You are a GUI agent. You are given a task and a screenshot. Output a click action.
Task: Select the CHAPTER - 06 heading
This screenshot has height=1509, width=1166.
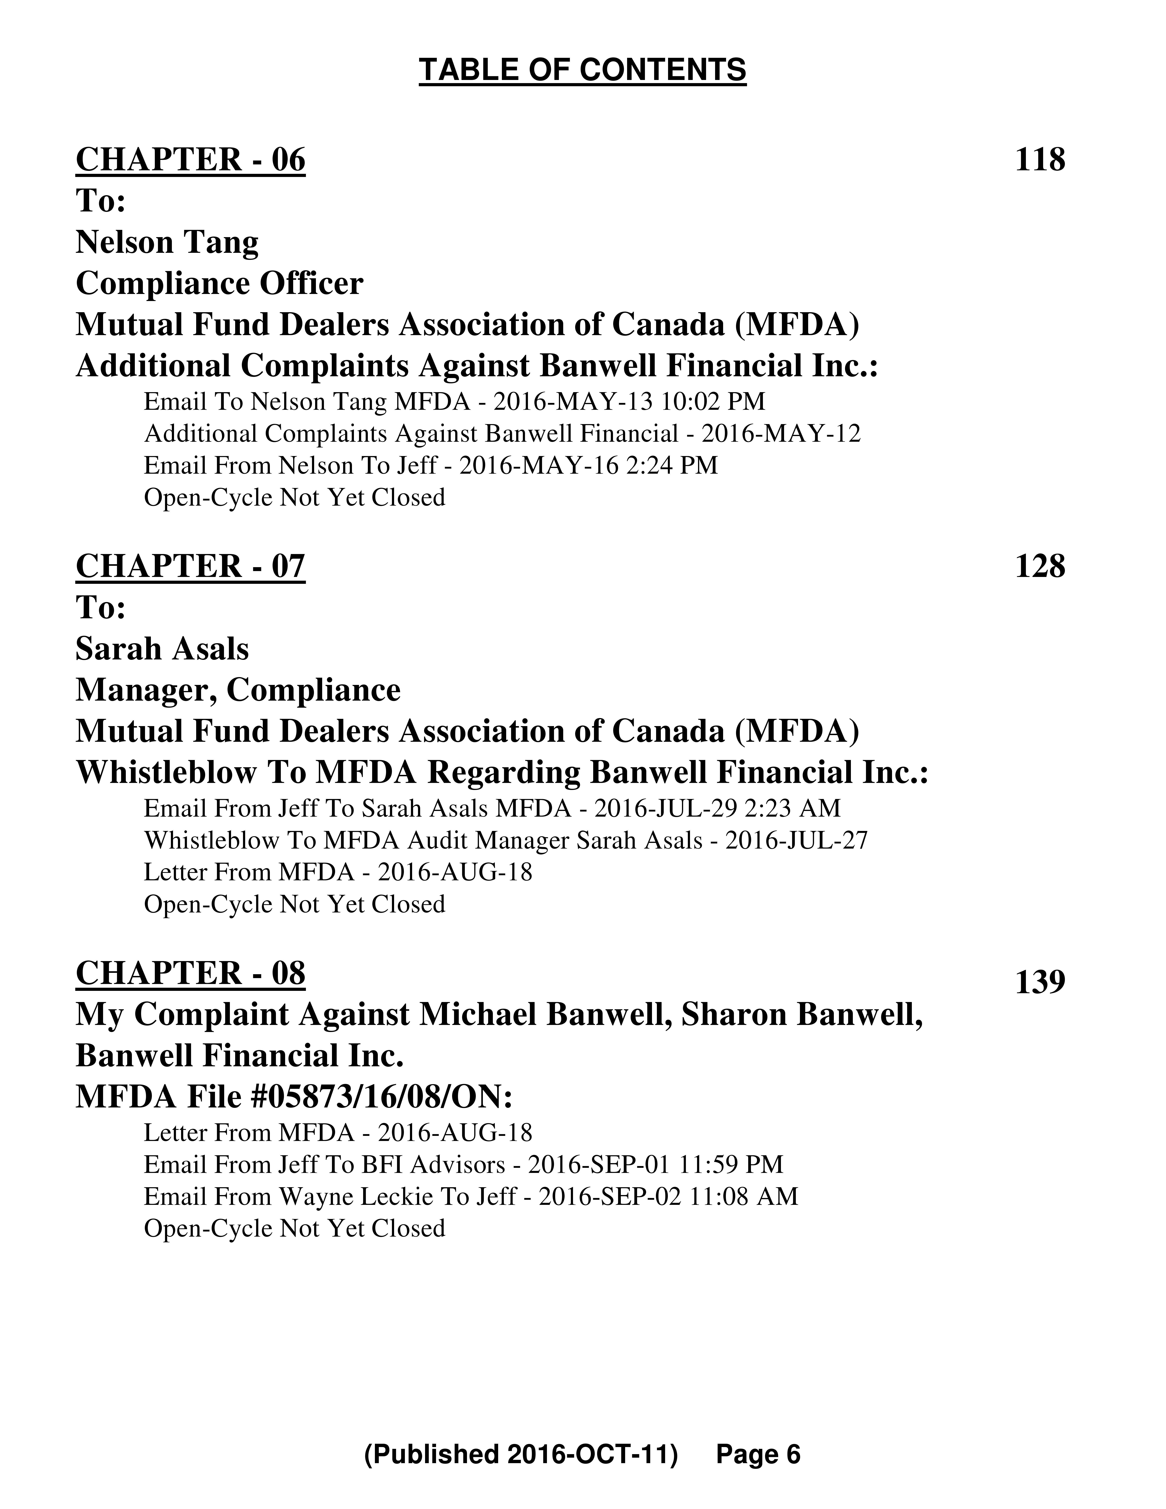point(190,160)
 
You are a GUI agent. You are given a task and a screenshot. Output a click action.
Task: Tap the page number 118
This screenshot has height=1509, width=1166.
point(1040,160)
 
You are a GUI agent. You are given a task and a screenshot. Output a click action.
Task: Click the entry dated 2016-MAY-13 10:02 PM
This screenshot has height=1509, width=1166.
point(454,401)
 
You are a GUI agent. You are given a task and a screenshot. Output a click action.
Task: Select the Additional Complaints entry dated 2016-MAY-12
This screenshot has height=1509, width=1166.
point(502,434)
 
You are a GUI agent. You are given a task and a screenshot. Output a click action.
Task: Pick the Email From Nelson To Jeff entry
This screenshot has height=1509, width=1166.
point(430,466)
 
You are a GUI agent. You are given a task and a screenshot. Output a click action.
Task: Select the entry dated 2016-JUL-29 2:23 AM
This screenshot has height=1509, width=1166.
point(492,808)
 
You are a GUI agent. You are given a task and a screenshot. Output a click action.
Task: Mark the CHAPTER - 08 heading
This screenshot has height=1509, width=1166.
point(190,973)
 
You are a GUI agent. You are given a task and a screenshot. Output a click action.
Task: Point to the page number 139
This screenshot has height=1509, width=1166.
point(1040,982)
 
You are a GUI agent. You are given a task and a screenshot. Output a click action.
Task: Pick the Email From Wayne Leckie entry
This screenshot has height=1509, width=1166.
point(470,1196)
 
